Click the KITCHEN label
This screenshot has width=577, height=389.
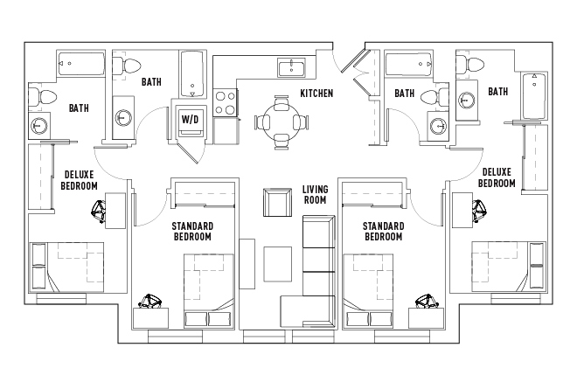[316, 94]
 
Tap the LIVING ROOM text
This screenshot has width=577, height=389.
[315, 194]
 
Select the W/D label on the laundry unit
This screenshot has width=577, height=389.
[190, 118]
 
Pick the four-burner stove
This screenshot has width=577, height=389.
[226, 102]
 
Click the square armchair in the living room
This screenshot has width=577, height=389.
[276, 203]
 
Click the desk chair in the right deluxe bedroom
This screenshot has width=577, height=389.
[479, 210]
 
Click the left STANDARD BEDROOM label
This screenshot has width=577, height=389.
[192, 232]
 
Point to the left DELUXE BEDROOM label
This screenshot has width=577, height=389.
[79, 178]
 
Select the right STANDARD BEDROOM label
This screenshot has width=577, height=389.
[383, 232]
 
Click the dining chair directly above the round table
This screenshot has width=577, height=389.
[280, 103]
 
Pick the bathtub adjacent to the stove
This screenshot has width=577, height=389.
[192, 73]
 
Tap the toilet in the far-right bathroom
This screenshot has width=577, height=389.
[475, 64]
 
